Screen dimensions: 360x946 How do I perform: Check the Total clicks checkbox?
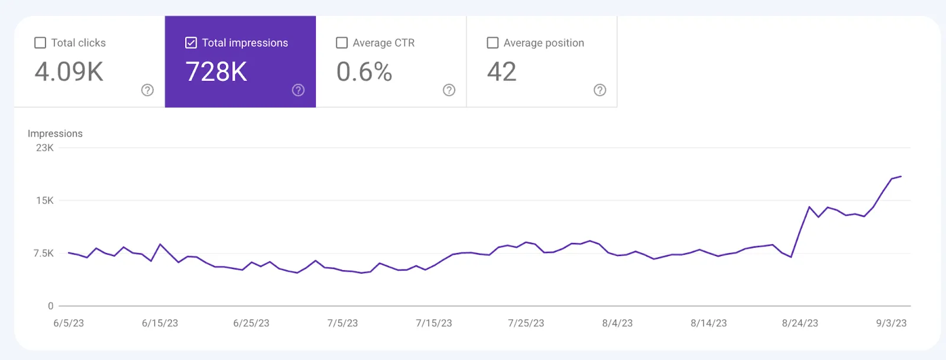[40, 43]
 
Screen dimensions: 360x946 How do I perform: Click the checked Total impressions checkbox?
[191, 43]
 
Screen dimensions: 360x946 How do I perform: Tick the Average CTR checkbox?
[342, 43]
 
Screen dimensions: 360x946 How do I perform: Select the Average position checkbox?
[493, 43]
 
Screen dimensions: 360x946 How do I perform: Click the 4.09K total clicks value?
[69, 72]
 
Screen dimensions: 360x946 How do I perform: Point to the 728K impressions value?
[216, 72]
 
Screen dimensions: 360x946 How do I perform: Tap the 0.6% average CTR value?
[364, 72]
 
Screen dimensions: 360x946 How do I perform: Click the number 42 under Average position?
[502, 72]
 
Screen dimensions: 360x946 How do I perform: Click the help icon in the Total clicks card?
[147, 90]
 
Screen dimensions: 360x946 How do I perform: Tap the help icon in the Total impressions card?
[298, 90]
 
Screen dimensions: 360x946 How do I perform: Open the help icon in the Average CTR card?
[449, 90]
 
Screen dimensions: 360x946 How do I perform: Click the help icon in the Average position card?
[600, 90]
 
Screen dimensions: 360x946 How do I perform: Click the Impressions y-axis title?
[55, 134]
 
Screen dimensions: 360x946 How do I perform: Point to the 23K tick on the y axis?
[45, 148]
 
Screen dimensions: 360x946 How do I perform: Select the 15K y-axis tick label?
[45, 200]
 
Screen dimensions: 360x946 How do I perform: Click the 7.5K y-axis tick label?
[43, 253]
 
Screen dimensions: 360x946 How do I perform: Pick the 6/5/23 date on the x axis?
[69, 323]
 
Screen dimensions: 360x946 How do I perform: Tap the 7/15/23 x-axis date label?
[434, 323]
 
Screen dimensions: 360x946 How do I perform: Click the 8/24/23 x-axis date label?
[800, 323]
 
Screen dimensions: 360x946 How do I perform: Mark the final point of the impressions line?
[901, 176]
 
